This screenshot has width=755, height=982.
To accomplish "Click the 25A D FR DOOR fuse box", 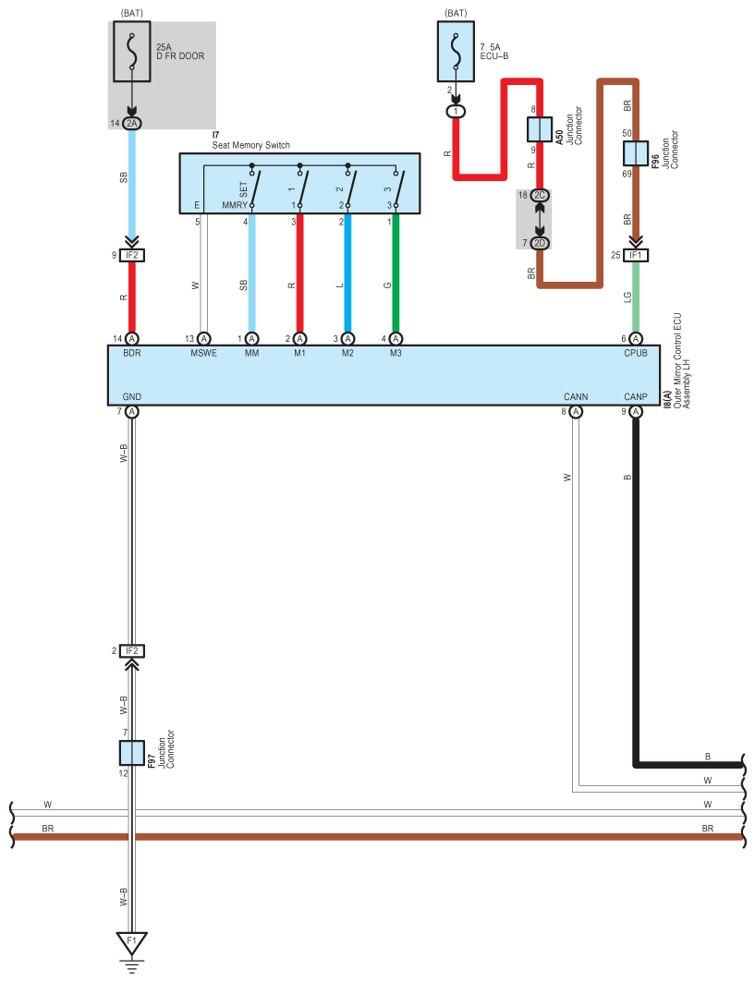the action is coord(131,52).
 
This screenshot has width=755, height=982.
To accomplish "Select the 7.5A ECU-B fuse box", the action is coord(456,52).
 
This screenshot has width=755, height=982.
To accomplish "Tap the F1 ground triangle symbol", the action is coord(131,942).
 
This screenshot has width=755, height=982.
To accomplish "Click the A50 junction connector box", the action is coord(540,129).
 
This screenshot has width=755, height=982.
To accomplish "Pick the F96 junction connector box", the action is coord(636,152).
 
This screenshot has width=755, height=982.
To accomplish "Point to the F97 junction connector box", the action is coord(131,753).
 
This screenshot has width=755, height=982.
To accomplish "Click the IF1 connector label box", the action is coord(636,255).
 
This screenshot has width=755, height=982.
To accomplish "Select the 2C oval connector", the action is coord(540,196).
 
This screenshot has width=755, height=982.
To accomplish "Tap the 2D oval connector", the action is coord(540,243).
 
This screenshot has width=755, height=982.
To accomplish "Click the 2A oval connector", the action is coord(131,124).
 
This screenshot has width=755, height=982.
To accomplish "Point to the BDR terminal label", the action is coord(131,353).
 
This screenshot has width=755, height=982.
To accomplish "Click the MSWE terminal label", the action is coord(203,353).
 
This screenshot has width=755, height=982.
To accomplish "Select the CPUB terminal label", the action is coord(636,353).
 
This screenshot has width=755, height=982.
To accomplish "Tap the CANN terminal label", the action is coord(576,397).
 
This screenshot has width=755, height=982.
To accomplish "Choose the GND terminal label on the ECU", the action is coord(131,397).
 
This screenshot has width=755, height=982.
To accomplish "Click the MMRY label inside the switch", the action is coord(235,205).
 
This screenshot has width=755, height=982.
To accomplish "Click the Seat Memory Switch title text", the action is coord(250,145).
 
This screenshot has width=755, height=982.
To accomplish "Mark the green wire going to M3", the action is coord(396,273).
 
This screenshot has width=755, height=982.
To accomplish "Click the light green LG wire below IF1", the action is coord(636,297).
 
